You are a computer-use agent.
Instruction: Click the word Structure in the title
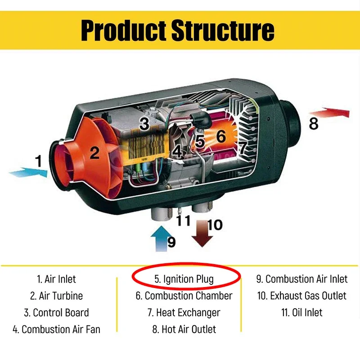click(223, 30)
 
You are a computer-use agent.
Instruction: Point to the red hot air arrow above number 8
click(329, 112)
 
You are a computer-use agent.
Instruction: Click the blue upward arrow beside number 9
click(162, 239)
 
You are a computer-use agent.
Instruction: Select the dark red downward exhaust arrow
click(202, 234)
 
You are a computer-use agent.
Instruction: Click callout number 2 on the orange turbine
click(94, 153)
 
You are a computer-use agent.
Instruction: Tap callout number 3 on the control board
click(144, 123)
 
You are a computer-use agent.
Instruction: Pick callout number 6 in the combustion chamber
click(221, 136)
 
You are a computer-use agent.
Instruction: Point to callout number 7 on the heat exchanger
click(243, 147)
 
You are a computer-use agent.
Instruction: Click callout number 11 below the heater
click(183, 220)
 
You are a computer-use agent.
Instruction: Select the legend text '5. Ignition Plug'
click(184, 279)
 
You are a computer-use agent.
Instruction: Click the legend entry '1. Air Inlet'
click(56, 279)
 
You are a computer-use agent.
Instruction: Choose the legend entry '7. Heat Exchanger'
click(184, 313)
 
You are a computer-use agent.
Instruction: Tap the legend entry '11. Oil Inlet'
click(301, 312)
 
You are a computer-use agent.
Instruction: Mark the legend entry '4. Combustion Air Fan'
click(57, 329)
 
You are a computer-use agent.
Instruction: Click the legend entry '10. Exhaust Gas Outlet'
click(301, 296)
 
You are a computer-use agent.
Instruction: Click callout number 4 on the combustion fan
click(177, 152)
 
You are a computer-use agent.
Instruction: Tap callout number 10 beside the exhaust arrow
click(215, 225)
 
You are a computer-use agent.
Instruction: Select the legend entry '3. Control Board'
click(56, 313)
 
